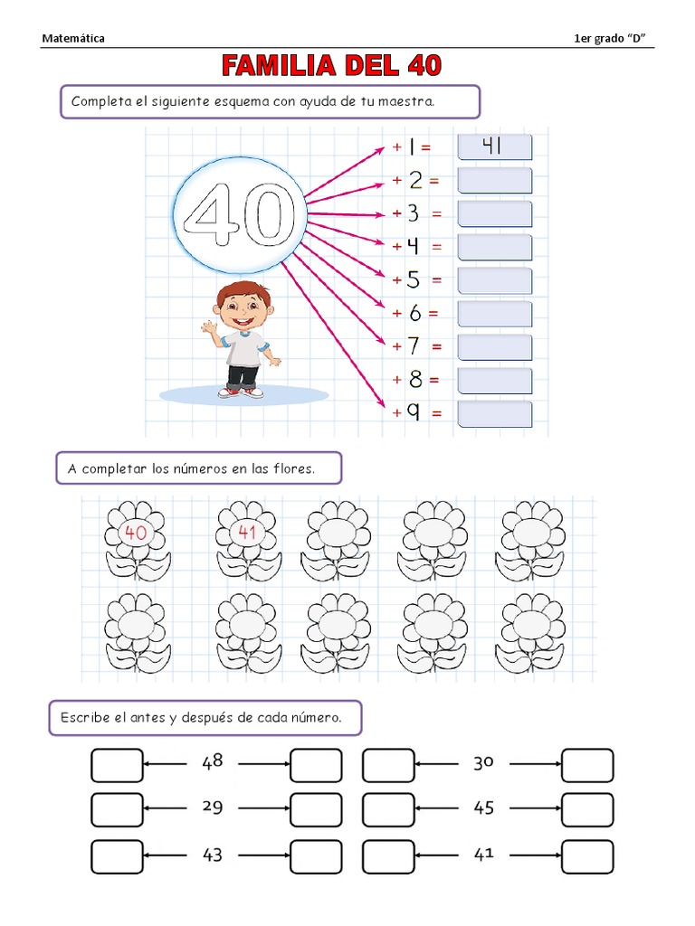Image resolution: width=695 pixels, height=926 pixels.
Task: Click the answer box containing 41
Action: (x=495, y=147)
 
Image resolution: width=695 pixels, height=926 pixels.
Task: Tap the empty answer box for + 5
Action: (x=495, y=280)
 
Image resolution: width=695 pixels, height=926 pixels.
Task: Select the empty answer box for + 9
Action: (x=495, y=414)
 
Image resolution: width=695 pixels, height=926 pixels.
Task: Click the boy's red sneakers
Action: (x=241, y=392)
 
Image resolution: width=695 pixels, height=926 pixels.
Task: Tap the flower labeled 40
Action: (x=137, y=542)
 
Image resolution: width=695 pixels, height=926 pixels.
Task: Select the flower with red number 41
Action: (x=248, y=542)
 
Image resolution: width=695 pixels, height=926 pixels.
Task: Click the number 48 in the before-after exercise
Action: (x=212, y=761)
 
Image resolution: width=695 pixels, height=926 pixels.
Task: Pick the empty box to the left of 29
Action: (x=117, y=809)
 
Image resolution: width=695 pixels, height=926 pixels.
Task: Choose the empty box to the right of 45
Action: (x=587, y=809)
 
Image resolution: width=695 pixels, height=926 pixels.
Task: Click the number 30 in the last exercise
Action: (x=483, y=763)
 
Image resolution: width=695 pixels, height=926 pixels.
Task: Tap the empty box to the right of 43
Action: (x=316, y=857)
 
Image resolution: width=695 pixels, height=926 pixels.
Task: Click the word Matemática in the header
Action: (x=73, y=38)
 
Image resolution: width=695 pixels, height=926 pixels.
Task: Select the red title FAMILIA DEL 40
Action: (x=331, y=65)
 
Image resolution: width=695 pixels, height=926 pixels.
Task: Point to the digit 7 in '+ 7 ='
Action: (x=414, y=345)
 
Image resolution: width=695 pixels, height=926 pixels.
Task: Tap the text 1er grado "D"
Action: (x=609, y=38)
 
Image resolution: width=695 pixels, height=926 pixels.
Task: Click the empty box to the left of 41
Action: (x=388, y=857)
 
